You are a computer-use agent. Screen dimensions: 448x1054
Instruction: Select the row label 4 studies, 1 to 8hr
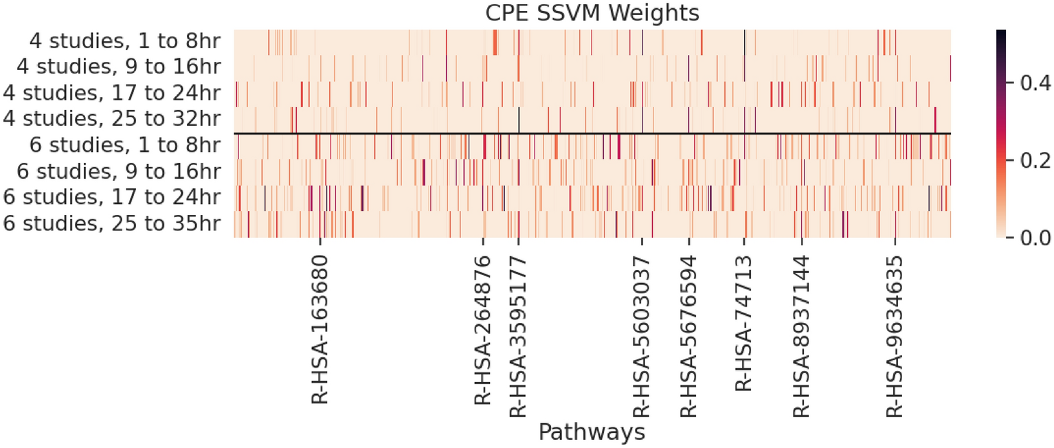click(x=124, y=42)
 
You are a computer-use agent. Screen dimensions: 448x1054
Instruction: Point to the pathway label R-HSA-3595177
click(x=518, y=336)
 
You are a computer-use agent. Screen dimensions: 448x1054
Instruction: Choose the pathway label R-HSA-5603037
click(x=642, y=336)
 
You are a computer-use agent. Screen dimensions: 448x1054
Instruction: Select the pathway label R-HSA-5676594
click(x=688, y=336)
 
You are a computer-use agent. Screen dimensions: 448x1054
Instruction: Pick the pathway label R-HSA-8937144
click(x=801, y=336)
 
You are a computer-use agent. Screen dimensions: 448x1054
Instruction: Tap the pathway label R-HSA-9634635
click(x=895, y=336)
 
